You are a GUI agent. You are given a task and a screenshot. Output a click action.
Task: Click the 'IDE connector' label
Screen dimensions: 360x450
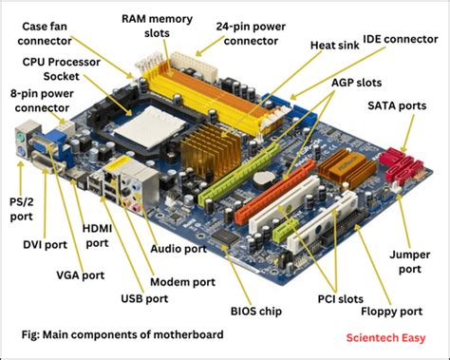click(405, 38)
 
